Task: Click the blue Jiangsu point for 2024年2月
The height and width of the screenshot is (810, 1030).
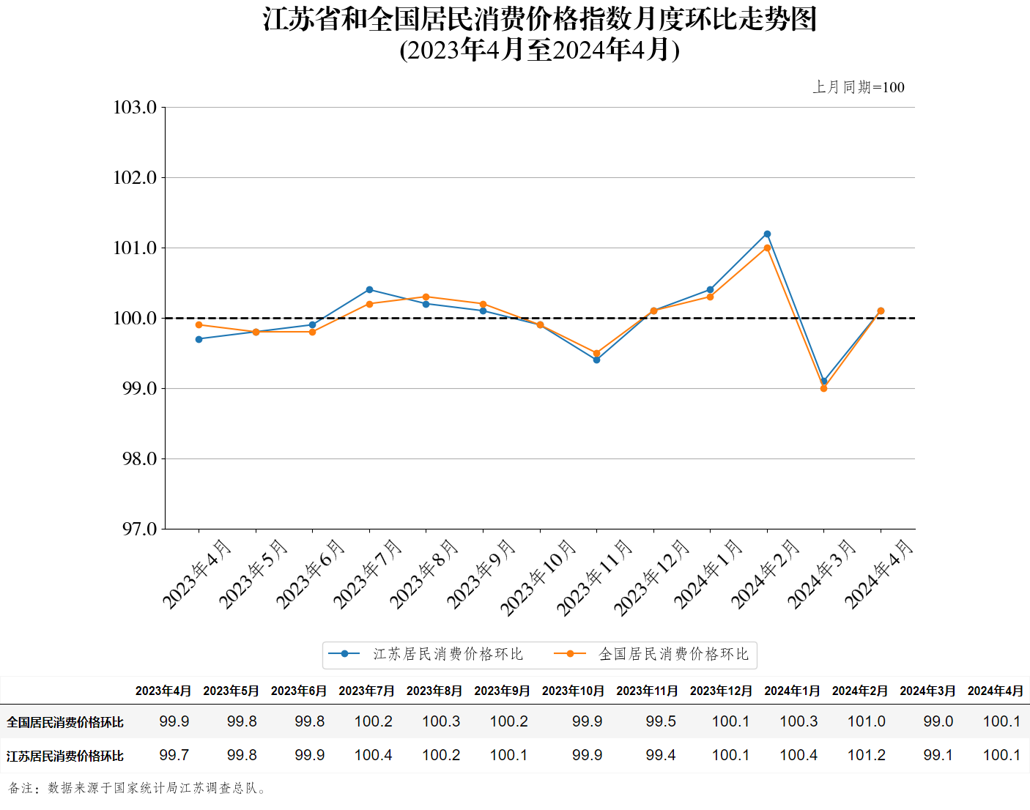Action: (767, 234)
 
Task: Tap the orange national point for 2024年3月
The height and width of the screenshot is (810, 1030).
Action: (823, 389)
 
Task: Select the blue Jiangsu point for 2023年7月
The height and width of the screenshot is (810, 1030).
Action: (369, 290)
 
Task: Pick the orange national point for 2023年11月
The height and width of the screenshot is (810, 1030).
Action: (596, 354)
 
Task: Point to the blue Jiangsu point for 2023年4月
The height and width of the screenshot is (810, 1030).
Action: (199, 339)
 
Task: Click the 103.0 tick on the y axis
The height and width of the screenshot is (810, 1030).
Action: (136, 108)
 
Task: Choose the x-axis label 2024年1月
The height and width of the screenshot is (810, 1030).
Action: (708, 573)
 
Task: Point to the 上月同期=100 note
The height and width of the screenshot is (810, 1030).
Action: (859, 87)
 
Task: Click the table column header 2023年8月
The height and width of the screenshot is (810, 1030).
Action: (434, 691)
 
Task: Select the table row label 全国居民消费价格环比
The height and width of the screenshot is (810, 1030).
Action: (65, 722)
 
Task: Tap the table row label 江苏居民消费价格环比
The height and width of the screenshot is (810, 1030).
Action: (65, 756)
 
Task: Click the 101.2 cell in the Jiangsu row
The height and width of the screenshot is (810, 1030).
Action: (866, 755)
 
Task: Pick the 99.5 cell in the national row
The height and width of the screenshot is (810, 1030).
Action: (661, 721)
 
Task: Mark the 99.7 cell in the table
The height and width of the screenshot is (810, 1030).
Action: (174, 755)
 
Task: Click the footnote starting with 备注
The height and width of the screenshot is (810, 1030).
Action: (138, 788)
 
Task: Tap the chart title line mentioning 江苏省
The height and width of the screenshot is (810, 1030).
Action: (540, 20)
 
